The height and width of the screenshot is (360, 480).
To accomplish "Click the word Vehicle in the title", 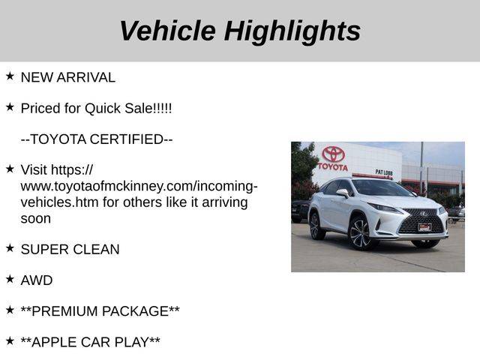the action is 168,31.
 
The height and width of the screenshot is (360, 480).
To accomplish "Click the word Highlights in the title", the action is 292,32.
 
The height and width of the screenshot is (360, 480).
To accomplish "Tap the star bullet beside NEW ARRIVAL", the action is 10,76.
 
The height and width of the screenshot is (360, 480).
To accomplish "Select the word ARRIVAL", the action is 86,77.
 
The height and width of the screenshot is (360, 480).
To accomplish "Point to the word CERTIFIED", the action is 127,139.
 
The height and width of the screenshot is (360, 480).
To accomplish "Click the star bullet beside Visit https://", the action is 10,168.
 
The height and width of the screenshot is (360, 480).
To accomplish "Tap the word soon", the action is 36,219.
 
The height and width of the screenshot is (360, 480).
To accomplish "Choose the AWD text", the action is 37,280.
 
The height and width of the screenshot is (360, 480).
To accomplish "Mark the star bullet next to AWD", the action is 10,278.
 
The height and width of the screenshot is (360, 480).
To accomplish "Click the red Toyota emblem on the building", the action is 333,154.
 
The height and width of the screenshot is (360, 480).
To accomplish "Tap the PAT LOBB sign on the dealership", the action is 384,172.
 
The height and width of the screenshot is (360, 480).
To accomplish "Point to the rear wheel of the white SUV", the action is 316,226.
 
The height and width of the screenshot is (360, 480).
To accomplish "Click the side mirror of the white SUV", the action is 343,193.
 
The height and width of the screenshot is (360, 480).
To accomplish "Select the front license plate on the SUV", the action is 424,226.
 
